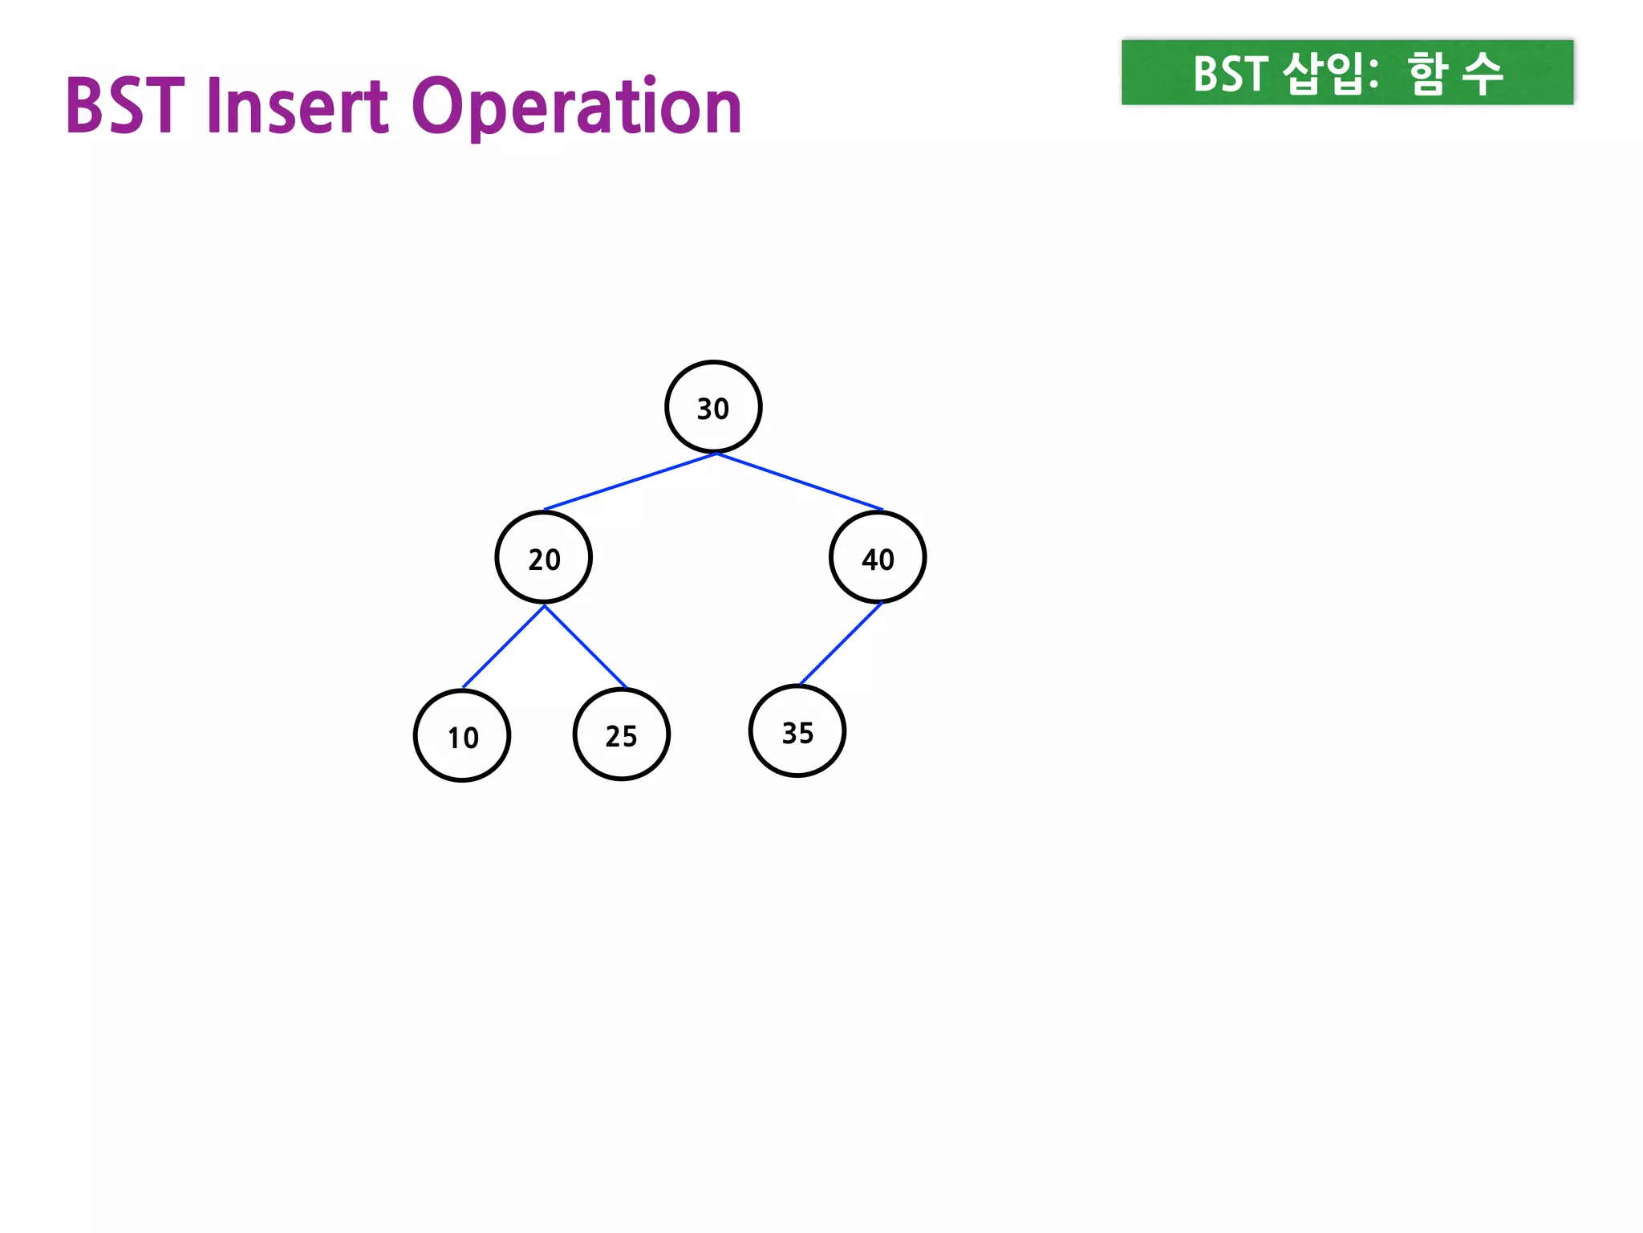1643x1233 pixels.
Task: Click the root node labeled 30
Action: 713,407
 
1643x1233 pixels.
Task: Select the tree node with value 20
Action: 544,557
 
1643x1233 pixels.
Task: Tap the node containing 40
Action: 878,557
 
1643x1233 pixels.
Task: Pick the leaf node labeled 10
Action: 462,735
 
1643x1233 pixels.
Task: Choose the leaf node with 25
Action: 621,734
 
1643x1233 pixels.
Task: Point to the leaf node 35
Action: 797,731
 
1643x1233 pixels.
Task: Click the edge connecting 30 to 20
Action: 630,482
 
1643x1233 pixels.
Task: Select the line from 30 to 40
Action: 800,482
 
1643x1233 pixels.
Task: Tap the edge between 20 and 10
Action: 504,646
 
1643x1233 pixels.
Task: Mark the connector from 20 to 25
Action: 585,646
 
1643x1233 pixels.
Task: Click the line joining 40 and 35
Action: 840,644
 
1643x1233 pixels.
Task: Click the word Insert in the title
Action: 298,106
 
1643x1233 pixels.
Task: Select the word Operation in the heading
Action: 577,108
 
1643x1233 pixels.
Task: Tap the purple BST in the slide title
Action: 124,106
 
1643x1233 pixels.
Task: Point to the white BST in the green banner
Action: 1230,74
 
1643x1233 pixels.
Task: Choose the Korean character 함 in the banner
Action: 1428,74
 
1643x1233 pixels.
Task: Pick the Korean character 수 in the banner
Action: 1482,74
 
